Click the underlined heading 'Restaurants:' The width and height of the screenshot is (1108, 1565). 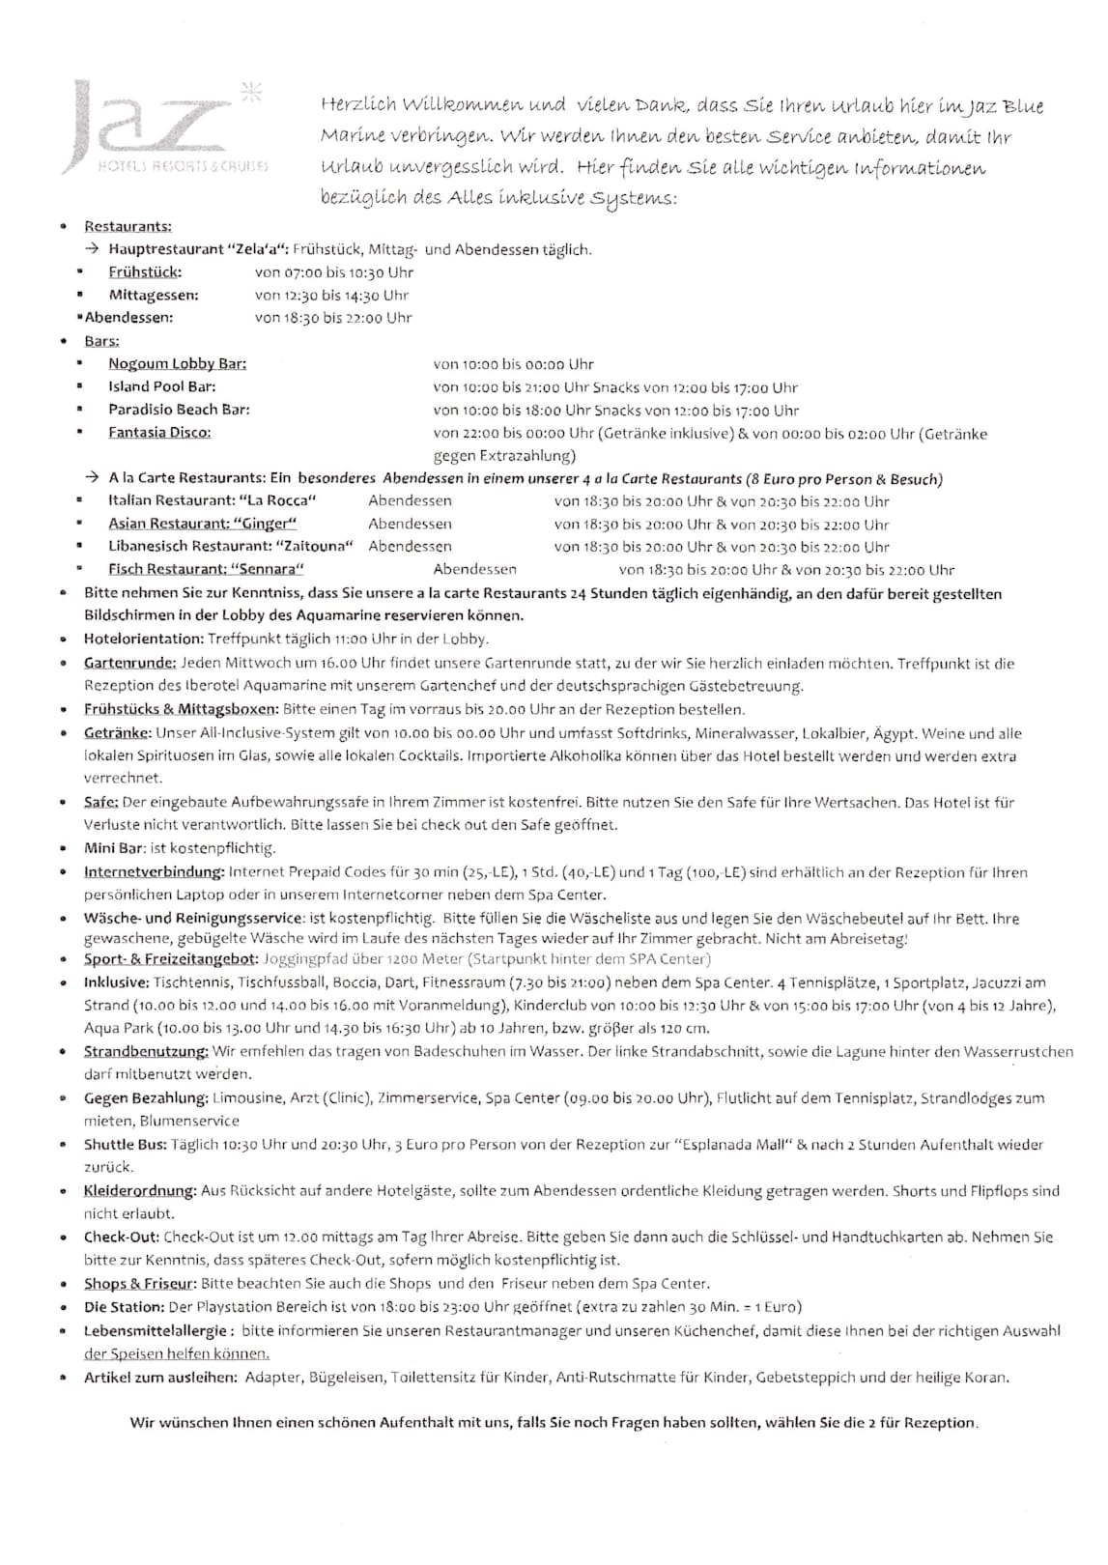tap(128, 226)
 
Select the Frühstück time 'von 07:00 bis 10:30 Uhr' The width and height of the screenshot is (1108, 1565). tap(333, 272)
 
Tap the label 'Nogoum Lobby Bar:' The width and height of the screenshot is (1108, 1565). tap(177, 364)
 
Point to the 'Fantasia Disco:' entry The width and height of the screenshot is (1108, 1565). tap(159, 432)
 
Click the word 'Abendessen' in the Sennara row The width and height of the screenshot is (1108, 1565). tap(474, 569)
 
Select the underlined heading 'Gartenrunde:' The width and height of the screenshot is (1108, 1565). tap(129, 663)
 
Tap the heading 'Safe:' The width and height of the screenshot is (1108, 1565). tap(100, 802)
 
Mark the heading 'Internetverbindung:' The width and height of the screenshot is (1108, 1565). tap(155, 871)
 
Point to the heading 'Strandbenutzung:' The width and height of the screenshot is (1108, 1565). tap(146, 1051)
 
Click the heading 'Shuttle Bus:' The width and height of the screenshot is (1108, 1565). tap(125, 1144)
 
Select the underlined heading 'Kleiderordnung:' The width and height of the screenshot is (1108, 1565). tap(140, 1190)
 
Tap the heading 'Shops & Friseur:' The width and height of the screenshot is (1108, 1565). tap(140, 1283)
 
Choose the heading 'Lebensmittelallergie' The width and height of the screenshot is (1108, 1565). tap(156, 1330)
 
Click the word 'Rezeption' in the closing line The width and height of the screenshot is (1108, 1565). tap(939, 1422)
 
